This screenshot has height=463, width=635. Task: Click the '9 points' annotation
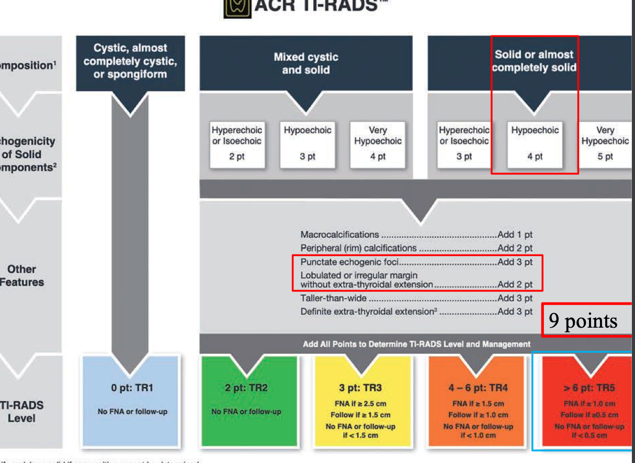(583, 320)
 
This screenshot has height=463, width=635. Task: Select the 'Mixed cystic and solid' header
(306, 63)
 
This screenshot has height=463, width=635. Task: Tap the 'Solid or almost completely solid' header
(534, 61)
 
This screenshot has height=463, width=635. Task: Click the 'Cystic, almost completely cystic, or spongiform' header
(130, 61)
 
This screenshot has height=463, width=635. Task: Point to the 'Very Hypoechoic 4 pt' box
(378, 143)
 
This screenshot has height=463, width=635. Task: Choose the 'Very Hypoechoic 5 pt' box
(605, 143)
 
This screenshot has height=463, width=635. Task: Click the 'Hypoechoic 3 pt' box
(308, 143)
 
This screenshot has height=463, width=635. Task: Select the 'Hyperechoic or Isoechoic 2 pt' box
(236, 143)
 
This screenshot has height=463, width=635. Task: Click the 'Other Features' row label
(22, 275)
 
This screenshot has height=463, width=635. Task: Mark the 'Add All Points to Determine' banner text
(416, 344)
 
